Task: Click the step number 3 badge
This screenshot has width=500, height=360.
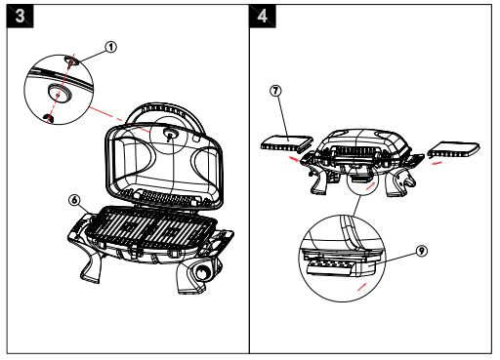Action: point(20,16)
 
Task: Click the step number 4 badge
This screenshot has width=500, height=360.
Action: point(263,16)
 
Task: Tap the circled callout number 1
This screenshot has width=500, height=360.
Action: point(110,47)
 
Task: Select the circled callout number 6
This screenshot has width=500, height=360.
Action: point(74,200)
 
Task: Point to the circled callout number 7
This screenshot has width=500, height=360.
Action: point(275,91)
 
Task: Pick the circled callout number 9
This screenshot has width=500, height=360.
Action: point(422,251)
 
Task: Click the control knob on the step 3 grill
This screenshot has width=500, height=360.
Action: point(203,272)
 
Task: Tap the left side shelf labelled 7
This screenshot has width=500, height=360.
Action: point(286,142)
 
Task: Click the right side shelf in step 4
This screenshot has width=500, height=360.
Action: point(454,149)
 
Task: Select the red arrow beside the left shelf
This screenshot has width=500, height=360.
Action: point(295,159)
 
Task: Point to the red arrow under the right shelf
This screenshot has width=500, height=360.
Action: point(437,163)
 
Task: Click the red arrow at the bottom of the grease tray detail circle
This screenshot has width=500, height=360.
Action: point(362,287)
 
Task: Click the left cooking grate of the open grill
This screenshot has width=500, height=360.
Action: point(116,225)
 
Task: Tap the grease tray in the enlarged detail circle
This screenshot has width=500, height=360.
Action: point(330,266)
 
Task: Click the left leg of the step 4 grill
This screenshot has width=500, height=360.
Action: point(319,181)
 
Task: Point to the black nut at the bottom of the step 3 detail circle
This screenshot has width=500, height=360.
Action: point(49,118)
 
